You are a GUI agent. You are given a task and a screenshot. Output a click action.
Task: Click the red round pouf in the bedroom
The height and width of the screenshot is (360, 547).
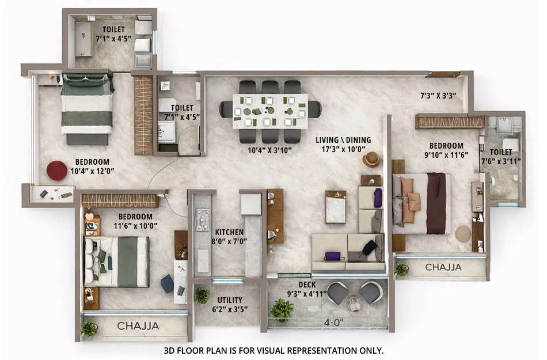point(57,170)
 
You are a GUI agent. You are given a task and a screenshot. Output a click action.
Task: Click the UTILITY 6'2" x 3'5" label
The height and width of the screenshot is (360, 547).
point(230,304)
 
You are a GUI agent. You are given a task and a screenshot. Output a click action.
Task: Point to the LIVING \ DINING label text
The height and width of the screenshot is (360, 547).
point(343,140)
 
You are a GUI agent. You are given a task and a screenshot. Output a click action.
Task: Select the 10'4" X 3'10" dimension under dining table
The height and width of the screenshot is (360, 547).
point(270,151)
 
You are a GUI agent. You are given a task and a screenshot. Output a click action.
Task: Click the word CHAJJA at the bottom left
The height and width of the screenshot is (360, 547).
point(138,326)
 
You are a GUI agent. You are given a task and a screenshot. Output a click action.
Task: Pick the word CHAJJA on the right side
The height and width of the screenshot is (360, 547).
point(443,267)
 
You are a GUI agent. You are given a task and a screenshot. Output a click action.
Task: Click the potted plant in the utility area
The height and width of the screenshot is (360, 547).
point(202,295)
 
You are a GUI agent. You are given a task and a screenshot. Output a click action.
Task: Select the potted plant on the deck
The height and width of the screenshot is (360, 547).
point(282,309)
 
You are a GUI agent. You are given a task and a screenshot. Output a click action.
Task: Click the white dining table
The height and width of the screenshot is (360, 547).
point(270,111)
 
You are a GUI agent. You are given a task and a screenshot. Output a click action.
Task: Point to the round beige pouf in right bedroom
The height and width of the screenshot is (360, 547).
point(463,234)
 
